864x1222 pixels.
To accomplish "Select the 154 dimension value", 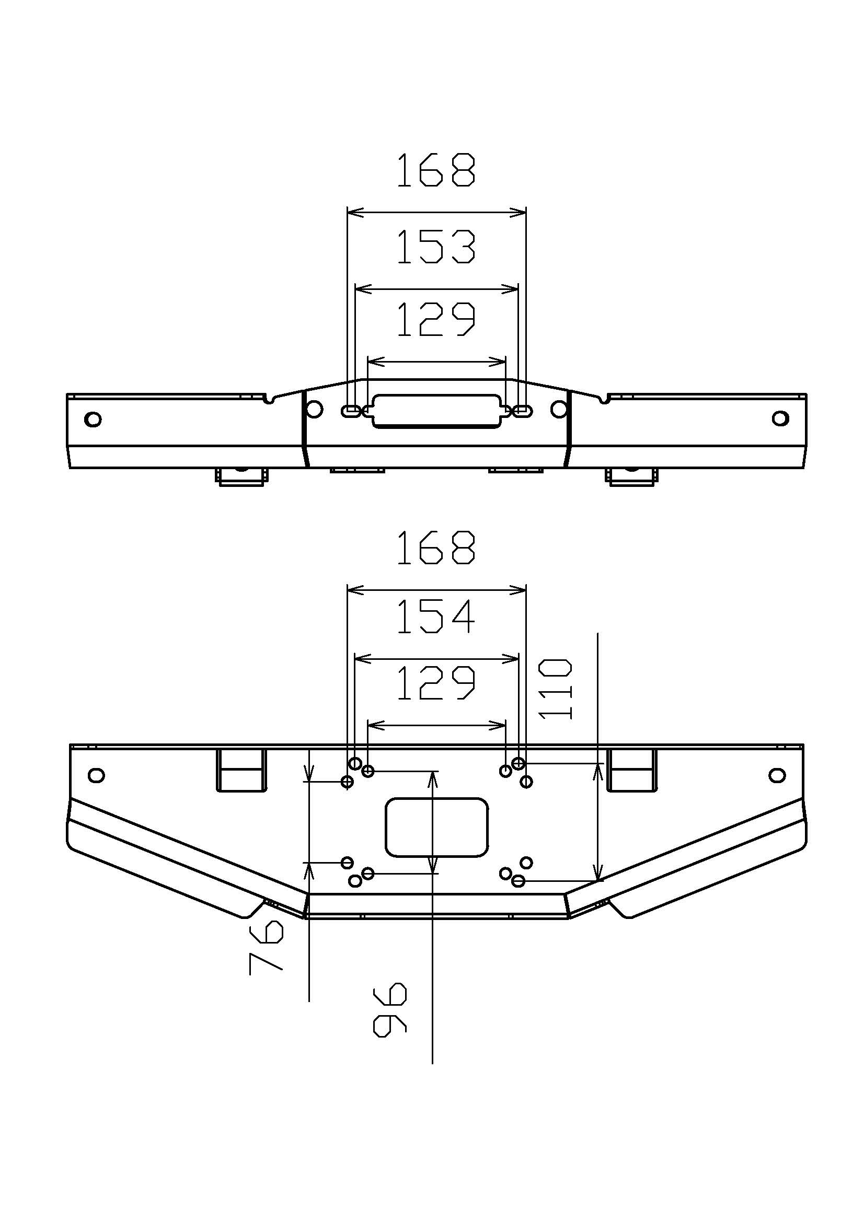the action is (x=436, y=616).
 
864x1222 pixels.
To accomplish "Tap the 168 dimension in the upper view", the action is (x=436, y=170).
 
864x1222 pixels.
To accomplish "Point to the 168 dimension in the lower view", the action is (x=436, y=547).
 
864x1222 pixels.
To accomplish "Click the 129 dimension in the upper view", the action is (x=436, y=319).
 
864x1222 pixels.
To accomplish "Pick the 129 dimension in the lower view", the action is (x=436, y=682).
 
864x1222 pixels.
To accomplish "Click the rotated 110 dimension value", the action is (x=556, y=689).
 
